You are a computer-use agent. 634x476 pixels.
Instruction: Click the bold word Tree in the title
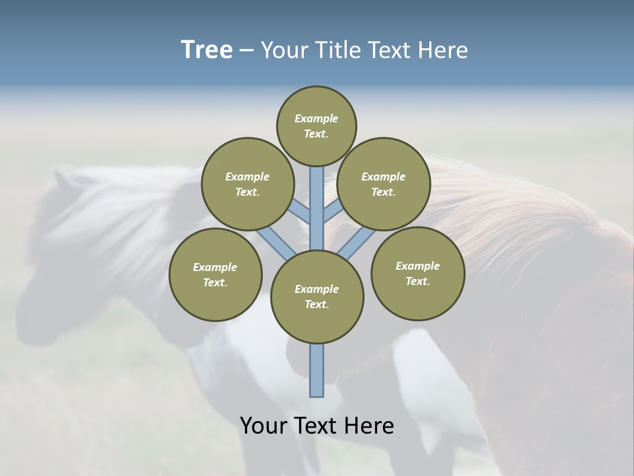pos(207,50)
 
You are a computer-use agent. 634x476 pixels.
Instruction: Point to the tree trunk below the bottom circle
pos(317,370)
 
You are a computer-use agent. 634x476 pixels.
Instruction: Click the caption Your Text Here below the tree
pos(317,426)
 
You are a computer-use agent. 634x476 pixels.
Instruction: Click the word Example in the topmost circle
pos(316,119)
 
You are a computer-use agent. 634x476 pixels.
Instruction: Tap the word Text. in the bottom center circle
pos(317,305)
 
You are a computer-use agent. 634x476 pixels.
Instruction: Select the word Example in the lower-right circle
pos(417,266)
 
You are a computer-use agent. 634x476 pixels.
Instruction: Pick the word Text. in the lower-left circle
pos(215,283)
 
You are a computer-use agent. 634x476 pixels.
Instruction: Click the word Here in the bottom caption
pos(372,426)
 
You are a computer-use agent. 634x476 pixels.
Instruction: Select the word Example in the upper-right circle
pos(384,177)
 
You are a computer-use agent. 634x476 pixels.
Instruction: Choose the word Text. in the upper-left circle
pos(247,192)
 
